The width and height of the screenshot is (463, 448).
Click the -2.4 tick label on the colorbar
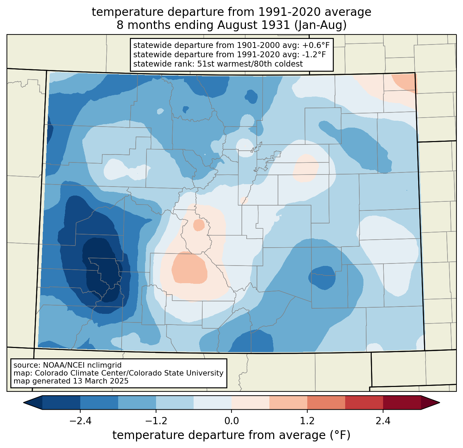point(80,421)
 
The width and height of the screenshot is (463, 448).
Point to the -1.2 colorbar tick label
point(156,421)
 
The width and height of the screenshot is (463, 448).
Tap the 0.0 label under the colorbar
point(231,421)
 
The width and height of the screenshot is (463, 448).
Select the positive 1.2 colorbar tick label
point(307,421)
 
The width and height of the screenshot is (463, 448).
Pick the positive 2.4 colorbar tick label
point(383,421)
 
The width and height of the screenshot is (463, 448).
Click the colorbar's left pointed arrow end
point(24,403)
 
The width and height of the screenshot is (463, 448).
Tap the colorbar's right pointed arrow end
point(439,403)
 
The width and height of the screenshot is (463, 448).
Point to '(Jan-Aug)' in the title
point(320,25)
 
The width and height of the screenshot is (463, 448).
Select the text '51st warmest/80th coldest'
point(250,64)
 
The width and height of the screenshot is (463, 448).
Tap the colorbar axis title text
point(231,435)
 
